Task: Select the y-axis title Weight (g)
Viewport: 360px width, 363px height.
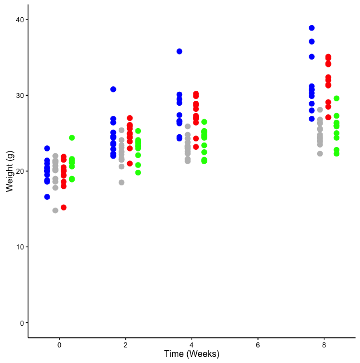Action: click(x=9, y=170)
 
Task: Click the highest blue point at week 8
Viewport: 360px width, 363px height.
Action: click(x=312, y=28)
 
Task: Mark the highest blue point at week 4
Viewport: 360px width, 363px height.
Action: click(x=179, y=51)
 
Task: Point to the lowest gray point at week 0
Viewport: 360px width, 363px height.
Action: click(x=55, y=210)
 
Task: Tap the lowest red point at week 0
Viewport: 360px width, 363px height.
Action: click(x=64, y=208)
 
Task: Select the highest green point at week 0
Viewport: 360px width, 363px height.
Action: click(x=72, y=138)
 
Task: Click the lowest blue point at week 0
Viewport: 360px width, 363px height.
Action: click(x=47, y=197)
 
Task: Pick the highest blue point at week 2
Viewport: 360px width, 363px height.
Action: click(x=113, y=89)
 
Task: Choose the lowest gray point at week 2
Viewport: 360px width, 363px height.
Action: click(x=121, y=183)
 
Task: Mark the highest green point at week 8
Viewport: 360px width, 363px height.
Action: click(x=337, y=99)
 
